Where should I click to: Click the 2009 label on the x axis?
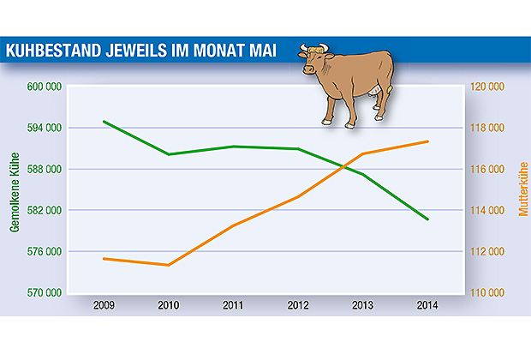tap(103, 305)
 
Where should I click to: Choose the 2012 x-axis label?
tap(298, 305)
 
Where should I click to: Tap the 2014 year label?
tap(428, 305)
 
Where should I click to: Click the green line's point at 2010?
tap(168, 154)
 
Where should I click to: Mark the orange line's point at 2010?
tap(168, 265)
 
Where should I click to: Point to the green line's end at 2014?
tap(428, 219)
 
